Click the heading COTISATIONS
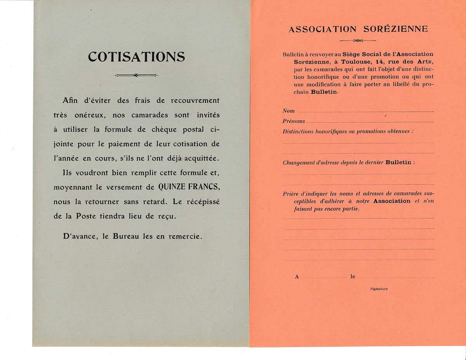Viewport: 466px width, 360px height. [x=136, y=57]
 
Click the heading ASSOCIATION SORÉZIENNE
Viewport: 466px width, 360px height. [x=358, y=29]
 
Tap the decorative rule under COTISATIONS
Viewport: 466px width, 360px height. [x=136, y=75]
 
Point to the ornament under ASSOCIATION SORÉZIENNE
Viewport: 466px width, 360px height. [x=358, y=40]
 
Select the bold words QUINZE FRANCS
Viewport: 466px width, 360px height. [x=189, y=187]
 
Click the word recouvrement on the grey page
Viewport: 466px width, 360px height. [x=195, y=100]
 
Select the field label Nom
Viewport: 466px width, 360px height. [x=289, y=111]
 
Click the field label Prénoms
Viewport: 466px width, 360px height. [x=294, y=121]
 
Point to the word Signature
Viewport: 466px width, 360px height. [x=379, y=289]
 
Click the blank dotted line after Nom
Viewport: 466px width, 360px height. [x=365, y=112]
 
